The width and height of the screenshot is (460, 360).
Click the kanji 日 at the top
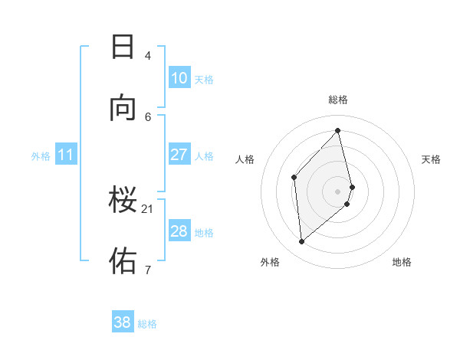[123, 47]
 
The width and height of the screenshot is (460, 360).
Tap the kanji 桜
[123, 200]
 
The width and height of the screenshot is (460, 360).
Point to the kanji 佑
[123, 260]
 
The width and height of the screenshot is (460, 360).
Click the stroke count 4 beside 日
[147, 55]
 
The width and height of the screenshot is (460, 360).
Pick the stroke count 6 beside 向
[147, 116]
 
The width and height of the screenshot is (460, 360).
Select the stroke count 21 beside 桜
[147, 208]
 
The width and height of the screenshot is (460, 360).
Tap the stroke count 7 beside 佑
[147, 269]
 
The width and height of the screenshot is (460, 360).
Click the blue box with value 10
[179, 78]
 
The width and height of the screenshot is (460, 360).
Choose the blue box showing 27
[179, 155]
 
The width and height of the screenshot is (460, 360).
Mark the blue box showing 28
[179, 231]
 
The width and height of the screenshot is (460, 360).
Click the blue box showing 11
[65, 155]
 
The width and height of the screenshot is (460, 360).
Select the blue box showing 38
[123, 322]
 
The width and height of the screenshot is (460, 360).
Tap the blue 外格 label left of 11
[41, 156]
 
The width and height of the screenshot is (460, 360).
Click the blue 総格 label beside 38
[147, 324]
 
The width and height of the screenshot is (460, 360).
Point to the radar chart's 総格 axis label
[338, 100]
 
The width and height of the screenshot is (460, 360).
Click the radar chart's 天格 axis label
[431, 159]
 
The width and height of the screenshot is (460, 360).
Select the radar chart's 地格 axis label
[402, 262]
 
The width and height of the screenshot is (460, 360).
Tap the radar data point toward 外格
[302, 242]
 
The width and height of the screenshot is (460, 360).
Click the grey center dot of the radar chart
[338, 190]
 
